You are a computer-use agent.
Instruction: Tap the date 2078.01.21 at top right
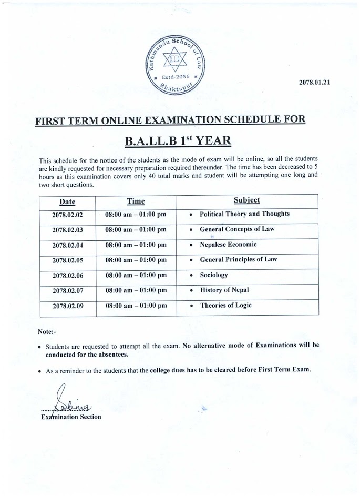pos(314,82)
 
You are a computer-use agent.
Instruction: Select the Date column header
pos(67,201)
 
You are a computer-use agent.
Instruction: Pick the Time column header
pos(136,201)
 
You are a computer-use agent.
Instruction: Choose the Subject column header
pos(246,200)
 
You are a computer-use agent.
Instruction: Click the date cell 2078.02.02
pos(68,215)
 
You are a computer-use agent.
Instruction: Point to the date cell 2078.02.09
pos(68,306)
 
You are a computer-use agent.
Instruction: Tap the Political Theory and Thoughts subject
pos(244,214)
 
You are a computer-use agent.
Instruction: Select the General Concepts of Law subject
pos(237,229)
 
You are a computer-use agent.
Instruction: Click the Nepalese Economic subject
pos(228,245)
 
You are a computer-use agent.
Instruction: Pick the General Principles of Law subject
pos(238,259)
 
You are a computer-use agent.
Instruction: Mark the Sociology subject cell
pos(214,275)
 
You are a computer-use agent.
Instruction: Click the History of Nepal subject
pos(224,290)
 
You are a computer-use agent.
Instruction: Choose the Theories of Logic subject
pos(225,305)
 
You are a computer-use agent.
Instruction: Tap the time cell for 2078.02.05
pos(136,260)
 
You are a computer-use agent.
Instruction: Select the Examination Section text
pos(71,417)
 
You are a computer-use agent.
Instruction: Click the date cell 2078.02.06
pos(68,275)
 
